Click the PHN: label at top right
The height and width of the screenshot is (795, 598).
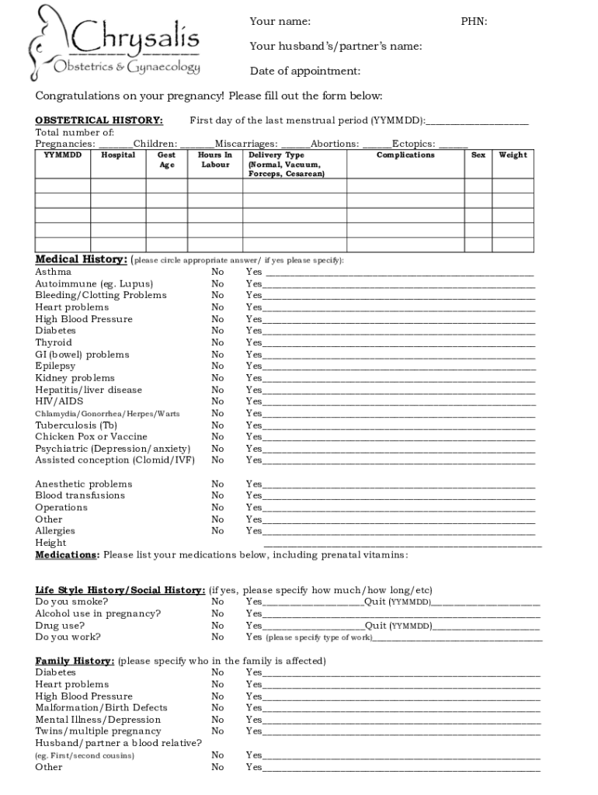(474, 21)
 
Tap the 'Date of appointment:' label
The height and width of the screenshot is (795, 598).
(304, 71)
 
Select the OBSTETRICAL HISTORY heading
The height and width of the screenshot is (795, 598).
(99, 120)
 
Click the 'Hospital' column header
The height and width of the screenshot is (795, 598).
(118, 155)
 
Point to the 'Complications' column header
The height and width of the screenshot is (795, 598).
(405, 155)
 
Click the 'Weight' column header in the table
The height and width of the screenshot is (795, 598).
(513, 155)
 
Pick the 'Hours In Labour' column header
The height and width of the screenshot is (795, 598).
(215, 160)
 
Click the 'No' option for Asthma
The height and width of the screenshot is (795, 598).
(217, 272)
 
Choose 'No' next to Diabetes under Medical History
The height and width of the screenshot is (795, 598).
(217, 331)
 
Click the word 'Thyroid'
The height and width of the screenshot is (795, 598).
(54, 342)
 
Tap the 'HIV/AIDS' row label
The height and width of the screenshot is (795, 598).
(59, 401)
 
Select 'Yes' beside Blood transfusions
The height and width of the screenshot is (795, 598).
(254, 495)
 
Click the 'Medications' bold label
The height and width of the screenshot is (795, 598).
(67, 555)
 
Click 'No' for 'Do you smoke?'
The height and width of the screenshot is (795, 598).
(217, 602)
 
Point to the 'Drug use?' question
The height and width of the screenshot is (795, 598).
(60, 625)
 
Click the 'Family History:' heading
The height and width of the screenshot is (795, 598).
(75, 661)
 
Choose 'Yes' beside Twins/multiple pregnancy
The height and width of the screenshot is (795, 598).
(254, 731)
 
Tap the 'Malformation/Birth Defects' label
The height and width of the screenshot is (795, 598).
(101, 707)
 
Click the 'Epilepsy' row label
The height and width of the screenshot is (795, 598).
(55, 366)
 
